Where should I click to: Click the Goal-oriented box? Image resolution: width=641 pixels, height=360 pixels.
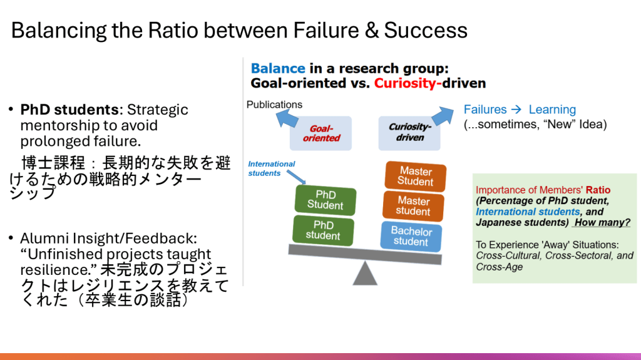click(x=321, y=133)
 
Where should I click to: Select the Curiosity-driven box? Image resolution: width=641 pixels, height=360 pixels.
click(x=410, y=132)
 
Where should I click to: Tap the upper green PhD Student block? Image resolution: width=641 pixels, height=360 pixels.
click(x=325, y=200)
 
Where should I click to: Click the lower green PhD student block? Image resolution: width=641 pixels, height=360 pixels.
click(x=322, y=230)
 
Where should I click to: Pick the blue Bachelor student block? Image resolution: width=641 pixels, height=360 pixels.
click(x=411, y=236)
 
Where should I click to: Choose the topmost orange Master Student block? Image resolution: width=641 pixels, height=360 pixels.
click(x=416, y=177)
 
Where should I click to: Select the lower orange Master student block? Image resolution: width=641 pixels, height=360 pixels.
click(x=413, y=206)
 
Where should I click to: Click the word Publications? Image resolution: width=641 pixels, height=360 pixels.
click(x=274, y=105)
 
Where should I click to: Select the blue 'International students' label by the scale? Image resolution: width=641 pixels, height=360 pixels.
click(x=272, y=168)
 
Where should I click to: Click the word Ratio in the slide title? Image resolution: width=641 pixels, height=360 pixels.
click(x=170, y=30)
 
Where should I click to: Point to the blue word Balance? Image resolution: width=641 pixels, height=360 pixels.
click(x=278, y=68)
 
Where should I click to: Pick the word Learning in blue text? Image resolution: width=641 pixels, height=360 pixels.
click(x=552, y=110)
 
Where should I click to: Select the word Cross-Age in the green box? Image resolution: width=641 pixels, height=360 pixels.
click(x=499, y=267)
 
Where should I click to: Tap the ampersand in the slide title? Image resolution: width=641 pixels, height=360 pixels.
click(x=372, y=30)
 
